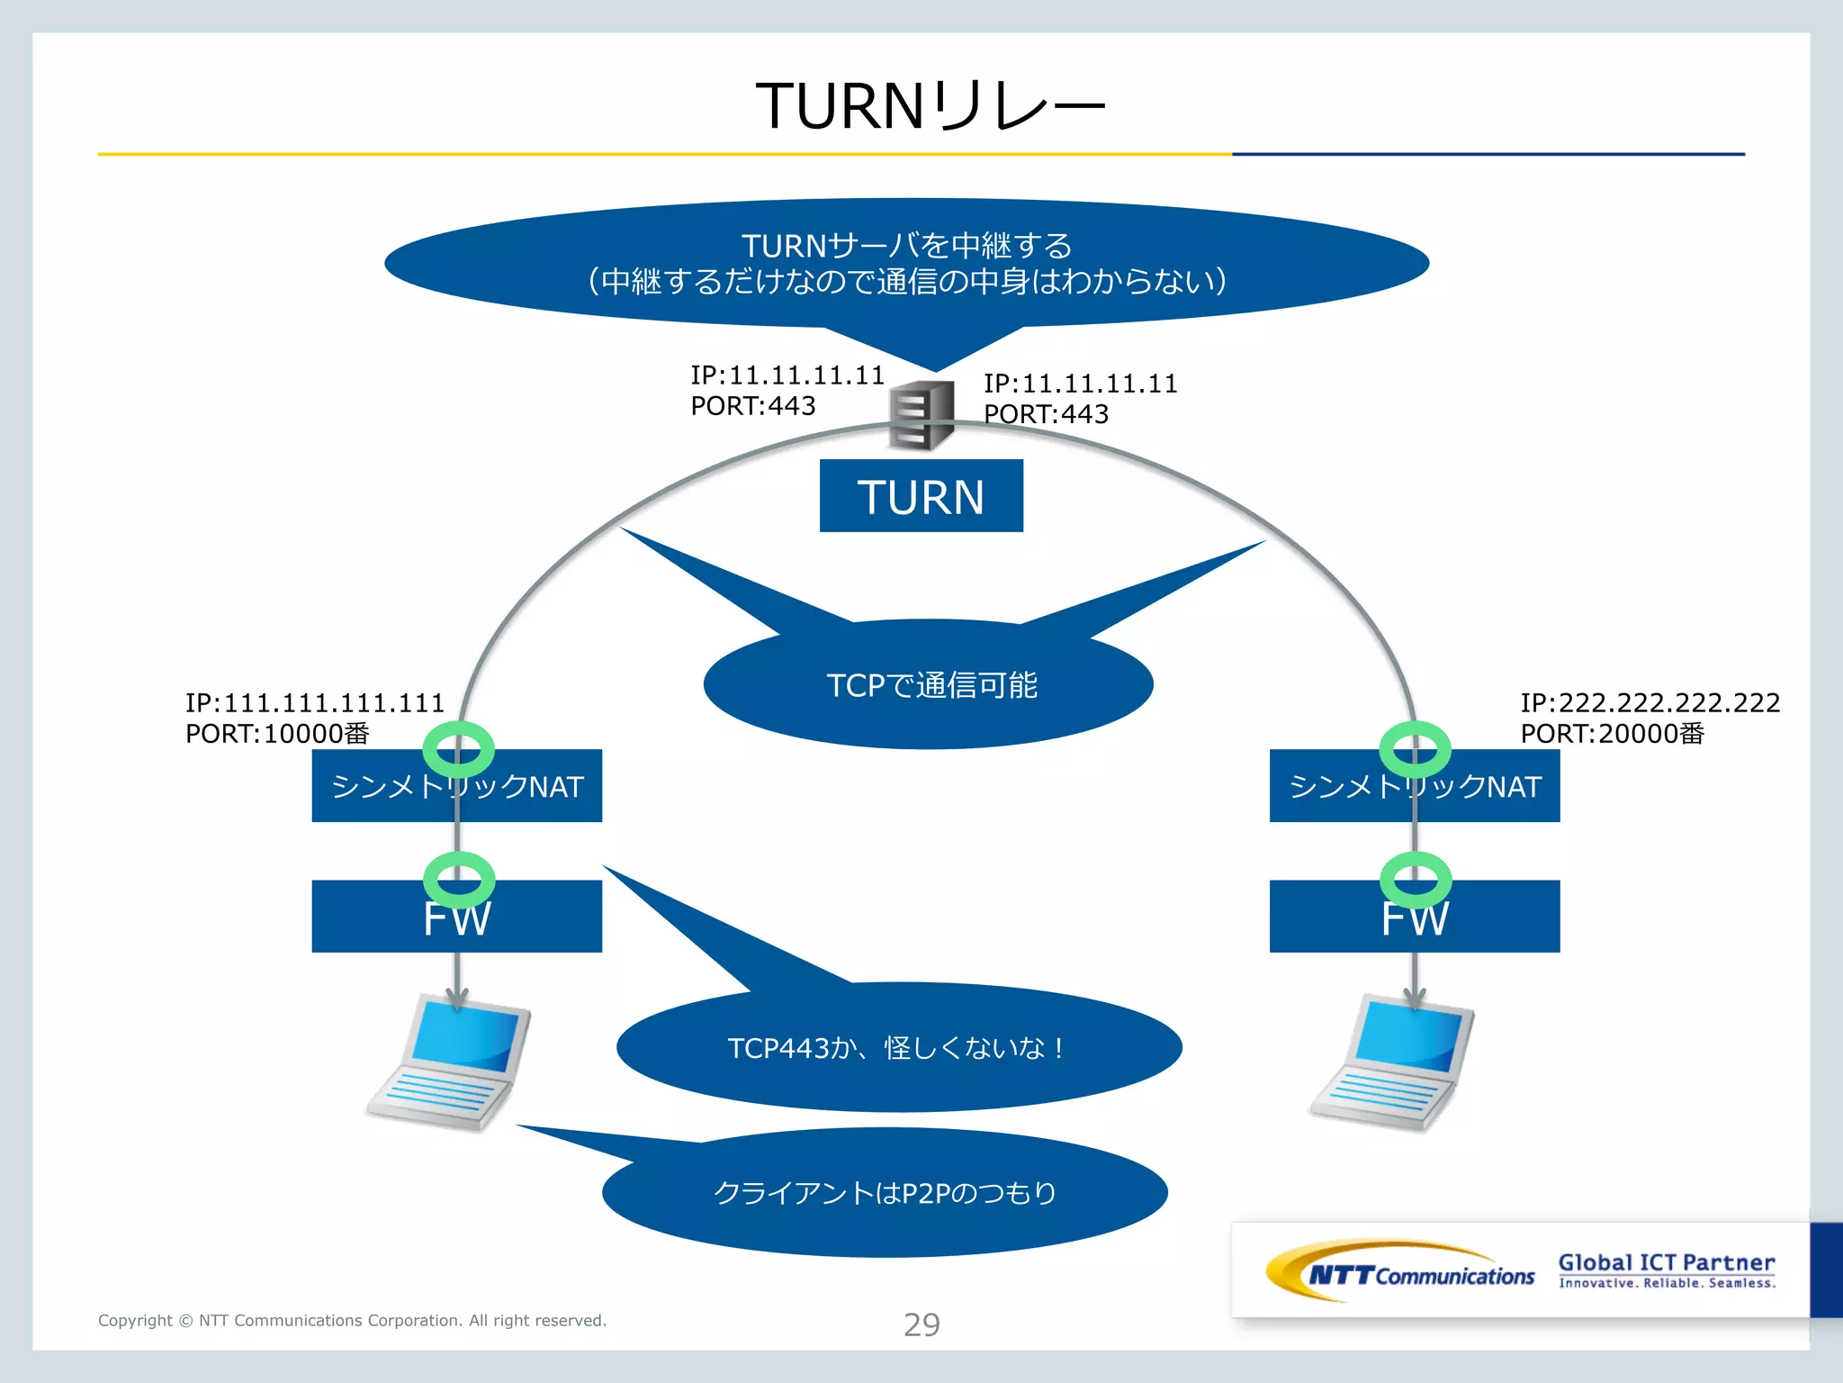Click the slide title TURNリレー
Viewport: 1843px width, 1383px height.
pyautogui.click(x=929, y=106)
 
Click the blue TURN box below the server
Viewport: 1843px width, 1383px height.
pyautogui.click(x=921, y=496)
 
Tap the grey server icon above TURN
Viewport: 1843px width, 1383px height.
pyautogui.click(x=921, y=415)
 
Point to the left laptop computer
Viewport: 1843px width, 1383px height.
pyautogui.click(x=450, y=1062)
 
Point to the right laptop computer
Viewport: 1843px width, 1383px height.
pyautogui.click(x=1392, y=1062)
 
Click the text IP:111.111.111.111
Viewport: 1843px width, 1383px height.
pyautogui.click(x=314, y=702)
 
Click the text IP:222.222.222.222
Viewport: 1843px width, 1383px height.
pyautogui.click(x=1650, y=702)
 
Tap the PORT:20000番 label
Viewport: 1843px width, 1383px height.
pyautogui.click(x=1612, y=734)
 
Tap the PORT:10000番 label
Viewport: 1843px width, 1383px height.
pyautogui.click(x=277, y=734)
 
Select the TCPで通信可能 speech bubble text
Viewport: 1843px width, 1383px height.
pyautogui.click(x=931, y=685)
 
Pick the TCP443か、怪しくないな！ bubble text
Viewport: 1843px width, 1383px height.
pyautogui.click(x=896, y=1048)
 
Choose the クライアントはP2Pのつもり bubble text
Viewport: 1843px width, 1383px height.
pyautogui.click(x=885, y=1193)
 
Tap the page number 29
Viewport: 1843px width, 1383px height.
pyautogui.click(x=921, y=1324)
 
